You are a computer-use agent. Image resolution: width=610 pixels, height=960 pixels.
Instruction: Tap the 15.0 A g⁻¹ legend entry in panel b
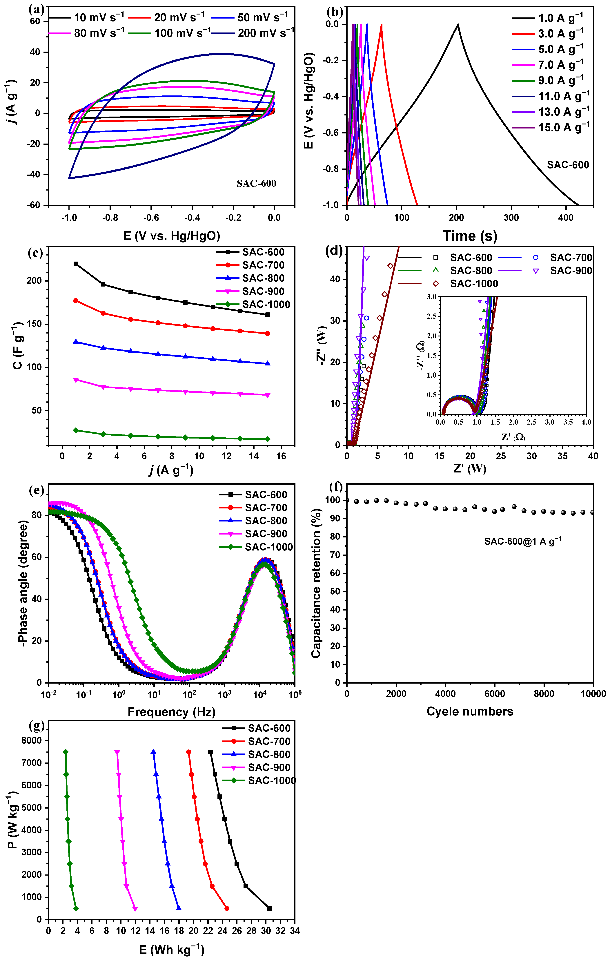(550, 128)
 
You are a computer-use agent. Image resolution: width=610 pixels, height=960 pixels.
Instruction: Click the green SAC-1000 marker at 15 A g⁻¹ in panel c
(268, 439)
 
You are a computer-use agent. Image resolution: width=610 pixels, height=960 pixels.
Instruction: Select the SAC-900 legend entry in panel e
(256, 534)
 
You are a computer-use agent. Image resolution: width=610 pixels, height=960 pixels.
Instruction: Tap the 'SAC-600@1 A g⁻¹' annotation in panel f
(522, 541)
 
